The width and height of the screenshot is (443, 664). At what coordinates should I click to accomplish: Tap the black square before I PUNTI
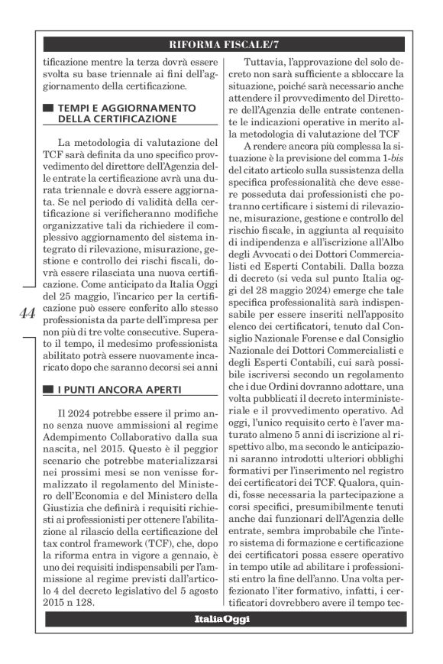tap(48, 390)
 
